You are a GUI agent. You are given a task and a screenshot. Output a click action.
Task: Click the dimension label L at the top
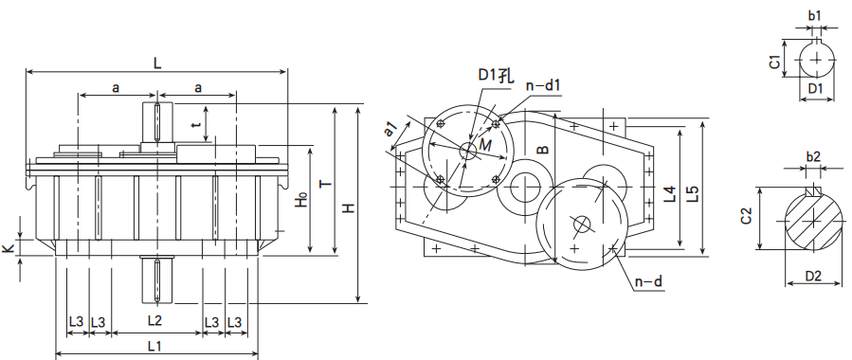tap(157, 63)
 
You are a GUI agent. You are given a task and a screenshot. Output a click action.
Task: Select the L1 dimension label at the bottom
tap(154, 346)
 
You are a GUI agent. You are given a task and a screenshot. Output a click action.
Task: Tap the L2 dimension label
tap(154, 320)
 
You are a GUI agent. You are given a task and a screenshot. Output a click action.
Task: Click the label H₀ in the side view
tap(301, 200)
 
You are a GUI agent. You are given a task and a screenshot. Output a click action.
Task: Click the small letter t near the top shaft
tap(197, 123)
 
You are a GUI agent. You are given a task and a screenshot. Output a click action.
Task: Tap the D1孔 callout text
tap(493, 76)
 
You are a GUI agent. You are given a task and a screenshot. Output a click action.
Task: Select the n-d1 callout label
tap(542, 85)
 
